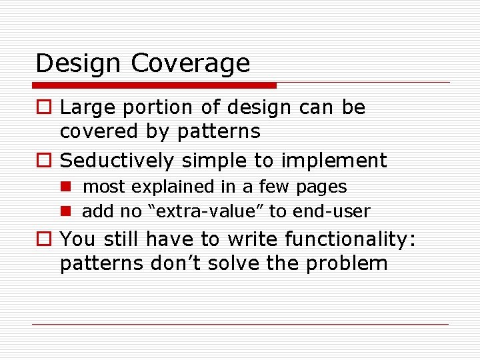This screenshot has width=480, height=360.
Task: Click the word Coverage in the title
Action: tap(191, 64)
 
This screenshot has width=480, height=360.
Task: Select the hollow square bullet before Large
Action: tap(43, 108)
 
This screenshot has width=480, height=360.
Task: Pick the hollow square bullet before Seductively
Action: tap(43, 161)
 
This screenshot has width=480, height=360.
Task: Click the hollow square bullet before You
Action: tap(43, 239)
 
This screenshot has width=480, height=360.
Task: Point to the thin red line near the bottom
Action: tap(240, 325)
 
